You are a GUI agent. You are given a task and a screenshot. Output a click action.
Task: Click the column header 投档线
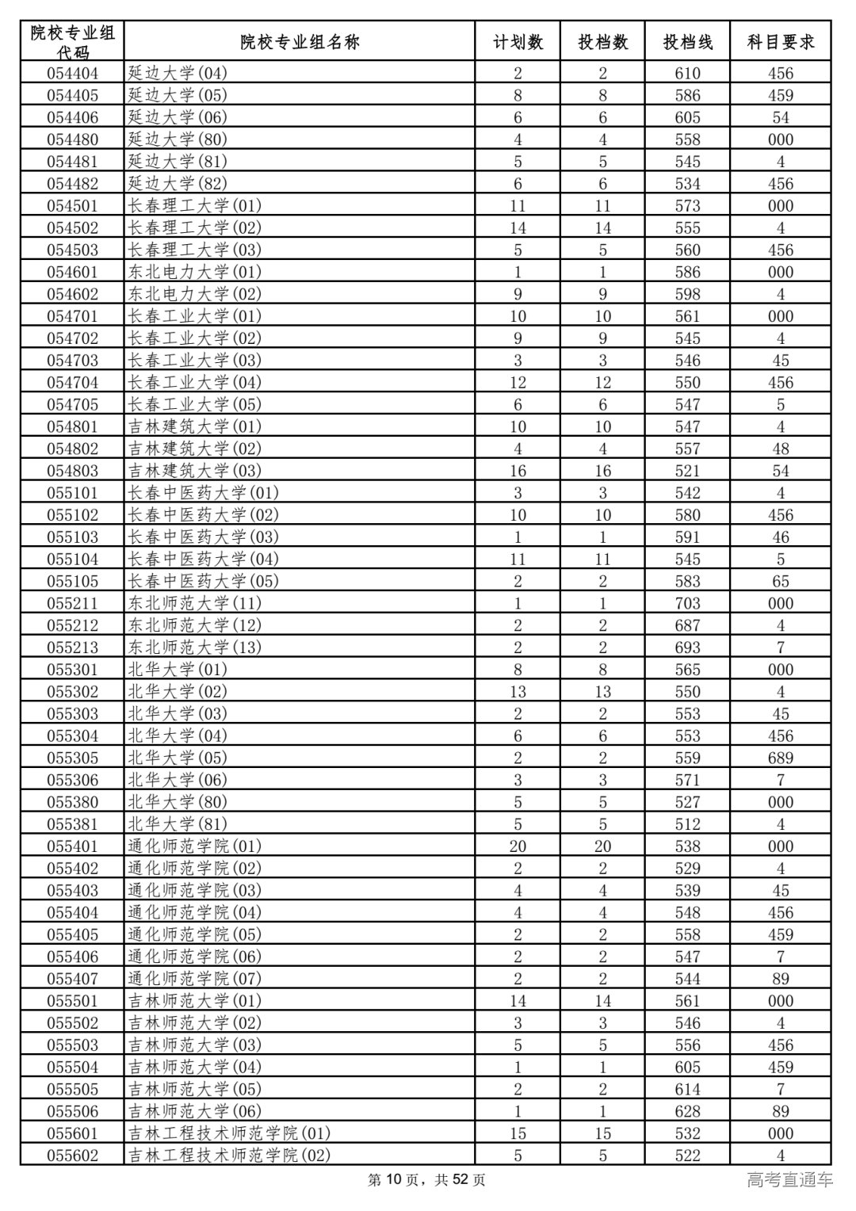[687, 42]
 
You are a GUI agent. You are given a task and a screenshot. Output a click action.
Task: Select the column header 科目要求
[781, 42]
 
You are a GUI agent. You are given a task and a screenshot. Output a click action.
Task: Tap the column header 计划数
[518, 42]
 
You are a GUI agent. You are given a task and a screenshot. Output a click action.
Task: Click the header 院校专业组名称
[300, 42]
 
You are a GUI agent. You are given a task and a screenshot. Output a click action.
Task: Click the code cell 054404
[72, 74]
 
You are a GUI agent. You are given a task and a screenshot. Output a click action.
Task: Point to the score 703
[687, 603]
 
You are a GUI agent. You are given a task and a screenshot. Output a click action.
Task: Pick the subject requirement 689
[781, 758]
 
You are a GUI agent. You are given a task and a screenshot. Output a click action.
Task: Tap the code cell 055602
[72, 1156]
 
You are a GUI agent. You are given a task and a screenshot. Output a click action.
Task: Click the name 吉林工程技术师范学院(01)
[229, 1133]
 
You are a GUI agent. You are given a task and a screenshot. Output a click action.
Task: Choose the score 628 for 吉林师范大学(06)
[687, 1111]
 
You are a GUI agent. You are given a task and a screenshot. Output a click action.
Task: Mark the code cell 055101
[72, 493]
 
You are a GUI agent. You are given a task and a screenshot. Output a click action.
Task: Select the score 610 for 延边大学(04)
[687, 74]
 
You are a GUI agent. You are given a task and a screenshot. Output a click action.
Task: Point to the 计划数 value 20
[518, 846]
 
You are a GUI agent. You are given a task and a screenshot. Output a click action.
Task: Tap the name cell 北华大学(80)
[178, 802]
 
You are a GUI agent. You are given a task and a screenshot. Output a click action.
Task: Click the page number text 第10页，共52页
[427, 1180]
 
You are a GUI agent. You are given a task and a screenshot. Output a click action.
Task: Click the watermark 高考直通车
[789, 1180]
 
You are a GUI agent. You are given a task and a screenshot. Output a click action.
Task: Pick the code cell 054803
[72, 471]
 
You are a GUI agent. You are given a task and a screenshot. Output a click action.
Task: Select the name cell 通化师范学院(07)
[194, 979]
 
